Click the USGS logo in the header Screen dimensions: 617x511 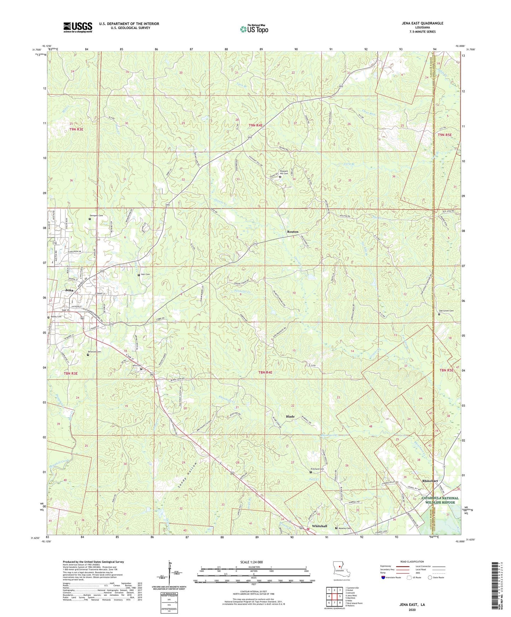[x=78, y=27]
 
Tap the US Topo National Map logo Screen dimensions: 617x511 [x=254, y=29]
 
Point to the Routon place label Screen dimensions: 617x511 [x=293, y=232]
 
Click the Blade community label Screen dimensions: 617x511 [x=290, y=417]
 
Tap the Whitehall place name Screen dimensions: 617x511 [x=319, y=526]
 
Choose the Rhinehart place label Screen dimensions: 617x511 [x=430, y=481]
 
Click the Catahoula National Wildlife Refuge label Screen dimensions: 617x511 [x=440, y=500]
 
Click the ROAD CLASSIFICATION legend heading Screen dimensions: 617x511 [x=412, y=562]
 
